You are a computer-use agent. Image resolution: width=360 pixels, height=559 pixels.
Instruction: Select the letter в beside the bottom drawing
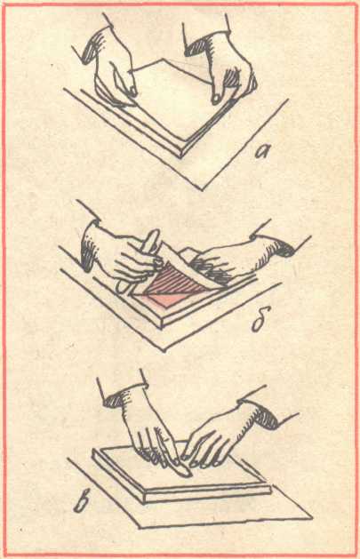[x=84, y=502]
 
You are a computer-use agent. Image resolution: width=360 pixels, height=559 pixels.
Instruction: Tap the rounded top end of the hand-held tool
[x=154, y=235]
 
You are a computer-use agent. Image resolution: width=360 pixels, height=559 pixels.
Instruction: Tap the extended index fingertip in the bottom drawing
[x=185, y=473]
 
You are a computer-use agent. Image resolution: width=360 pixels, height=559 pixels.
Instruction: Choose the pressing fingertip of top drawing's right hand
[x=216, y=100]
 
